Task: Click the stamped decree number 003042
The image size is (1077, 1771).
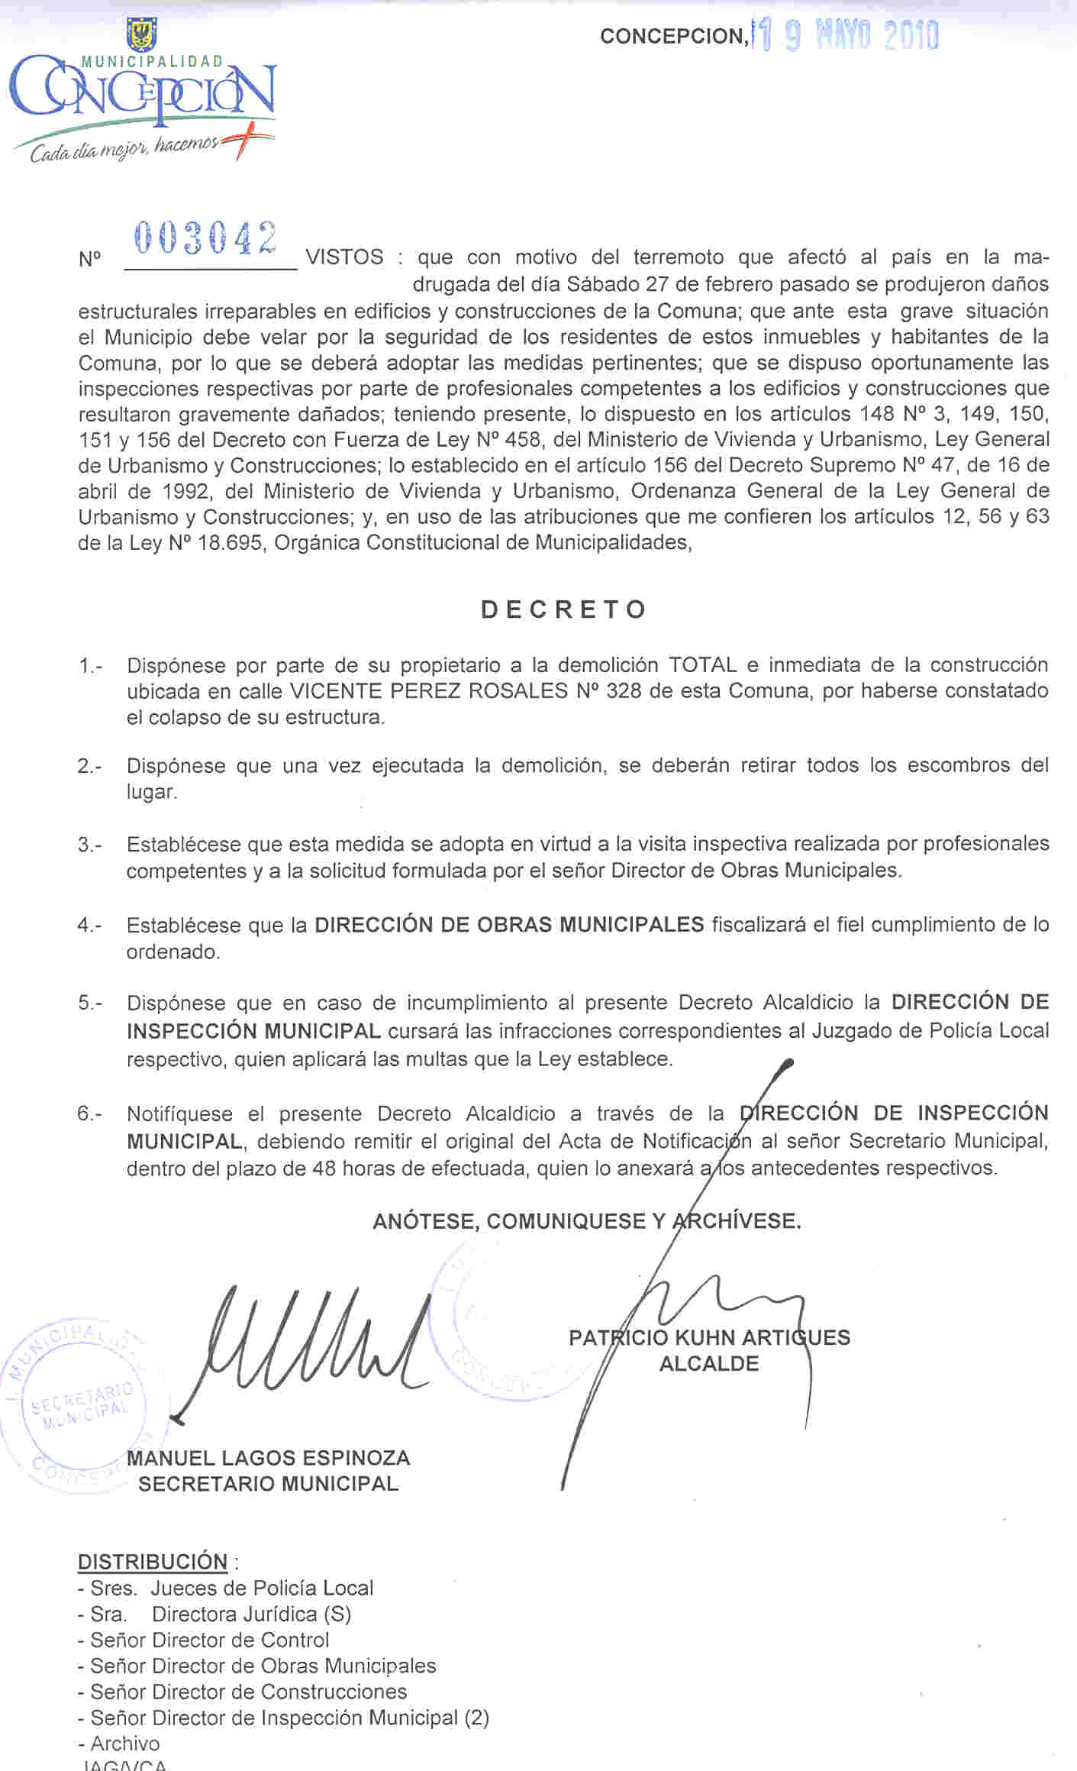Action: (x=205, y=238)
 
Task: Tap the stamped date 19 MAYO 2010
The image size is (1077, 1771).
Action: (x=846, y=36)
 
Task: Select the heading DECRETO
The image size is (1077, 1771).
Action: (x=564, y=609)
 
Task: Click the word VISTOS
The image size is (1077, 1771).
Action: (x=344, y=257)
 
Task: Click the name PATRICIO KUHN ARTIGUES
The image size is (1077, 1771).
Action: (x=709, y=1337)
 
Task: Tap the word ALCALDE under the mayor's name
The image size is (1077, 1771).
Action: (x=709, y=1364)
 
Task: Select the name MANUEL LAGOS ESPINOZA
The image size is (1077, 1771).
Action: (x=268, y=1458)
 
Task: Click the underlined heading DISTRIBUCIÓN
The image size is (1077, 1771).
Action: (x=153, y=1562)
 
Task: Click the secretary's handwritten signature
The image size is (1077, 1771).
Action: (x=305, y=1344)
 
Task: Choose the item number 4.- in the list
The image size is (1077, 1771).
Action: (x=89, y=926)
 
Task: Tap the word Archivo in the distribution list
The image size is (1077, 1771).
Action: (x=125, y=1744)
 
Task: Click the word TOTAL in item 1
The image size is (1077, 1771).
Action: (x=702, y=665)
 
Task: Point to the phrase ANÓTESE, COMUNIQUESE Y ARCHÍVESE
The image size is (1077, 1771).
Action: (x=586, y=1221)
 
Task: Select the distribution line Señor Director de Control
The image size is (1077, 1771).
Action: (x=209, y=1640)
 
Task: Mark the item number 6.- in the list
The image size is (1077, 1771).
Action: (x=89, y=1113)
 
